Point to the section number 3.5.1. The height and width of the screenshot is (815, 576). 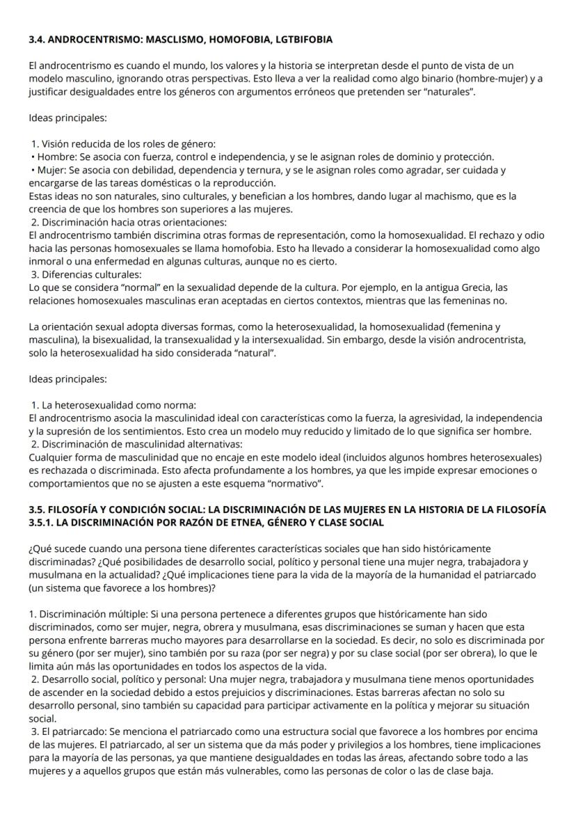(x=44, y=521)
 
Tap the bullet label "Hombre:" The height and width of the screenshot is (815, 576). (x=55, y=157)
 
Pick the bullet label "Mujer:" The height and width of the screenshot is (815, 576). (x=51, y=170)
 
